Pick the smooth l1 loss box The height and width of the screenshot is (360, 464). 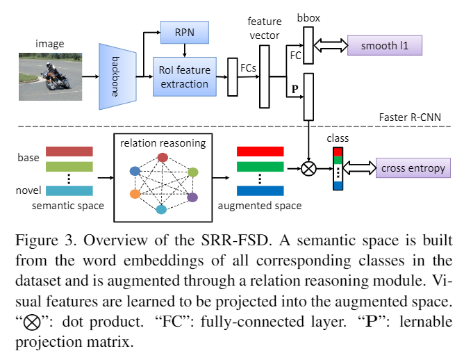pos(383,47)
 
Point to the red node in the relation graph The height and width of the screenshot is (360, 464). pos(163,157)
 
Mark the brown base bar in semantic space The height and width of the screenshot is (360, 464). pos(69,152)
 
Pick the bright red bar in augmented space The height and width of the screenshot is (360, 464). pos(260,152)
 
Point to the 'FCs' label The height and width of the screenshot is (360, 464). pos(246,68)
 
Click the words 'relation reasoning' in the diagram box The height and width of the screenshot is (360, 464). pos(163,143)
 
